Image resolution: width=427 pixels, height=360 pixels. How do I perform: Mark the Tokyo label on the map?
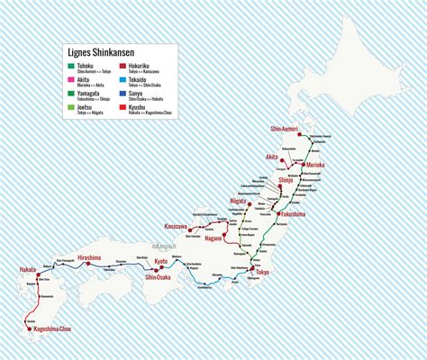click(x=263, y=272)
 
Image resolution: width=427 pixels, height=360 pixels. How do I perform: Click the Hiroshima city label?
click(x=95, y=258)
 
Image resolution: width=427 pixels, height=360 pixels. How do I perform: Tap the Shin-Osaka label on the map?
click(x=159, y=277)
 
